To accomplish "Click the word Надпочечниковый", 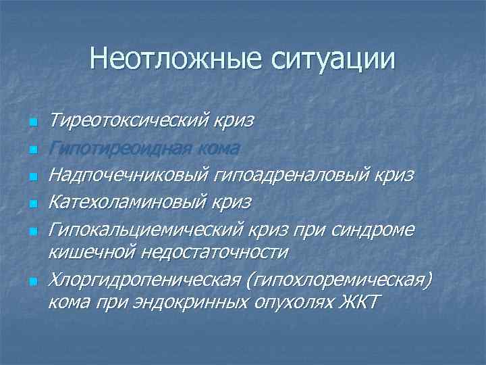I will [x=128, y=174].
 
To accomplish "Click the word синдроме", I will [x=375, y=228].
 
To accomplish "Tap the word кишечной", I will [x=92, y=251].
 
